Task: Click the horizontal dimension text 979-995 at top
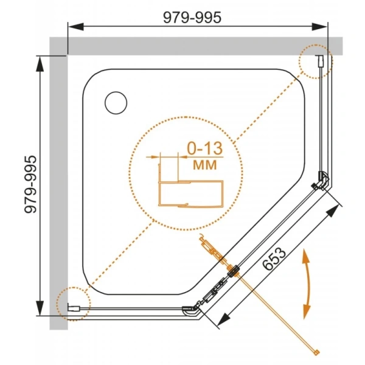tap(190, 18)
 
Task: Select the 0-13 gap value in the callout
tap(198, 148)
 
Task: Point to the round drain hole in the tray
tap(115, 102)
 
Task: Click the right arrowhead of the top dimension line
tap(321, 26)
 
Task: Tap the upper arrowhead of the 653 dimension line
tap(333, 210)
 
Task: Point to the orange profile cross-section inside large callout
tap(189, 193)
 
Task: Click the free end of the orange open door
tap(316, 351)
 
